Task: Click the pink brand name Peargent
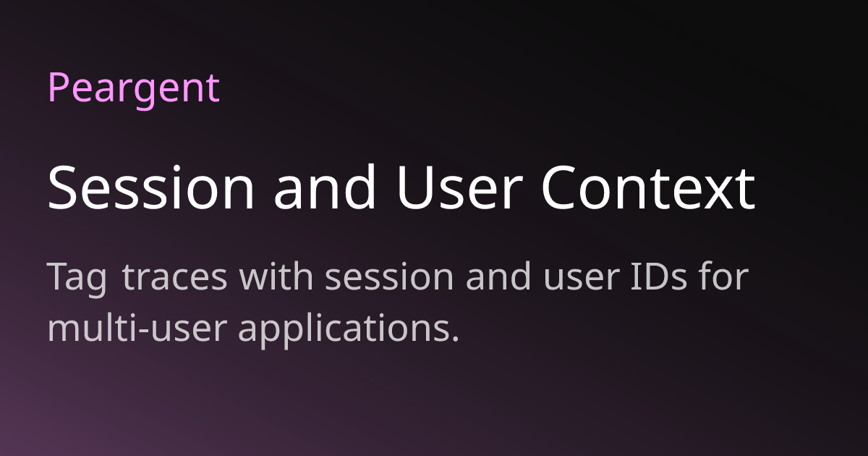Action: point(134,88)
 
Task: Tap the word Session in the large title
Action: point(150,187)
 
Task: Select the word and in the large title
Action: point(325,187)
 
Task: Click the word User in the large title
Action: point(457,187)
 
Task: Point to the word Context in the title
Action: point(648,187)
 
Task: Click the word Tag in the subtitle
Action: point(77,279)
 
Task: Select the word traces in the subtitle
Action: point(175,276)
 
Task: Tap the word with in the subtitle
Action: point(276,275)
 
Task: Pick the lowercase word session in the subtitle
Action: point(389,276)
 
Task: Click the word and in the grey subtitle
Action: point(498,275)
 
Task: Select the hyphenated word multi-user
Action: point(137,328)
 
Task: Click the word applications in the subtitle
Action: point(344,330)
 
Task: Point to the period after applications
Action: point(455,339)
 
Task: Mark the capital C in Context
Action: point(560,187)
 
